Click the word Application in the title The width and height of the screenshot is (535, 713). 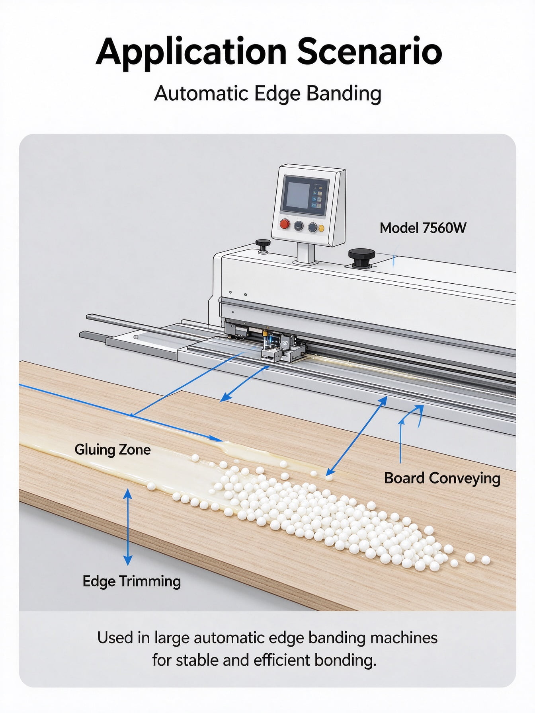(x=191, y=52)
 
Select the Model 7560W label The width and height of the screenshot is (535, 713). (x=423, y=228)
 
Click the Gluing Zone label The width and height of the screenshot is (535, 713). (x=113, y=450)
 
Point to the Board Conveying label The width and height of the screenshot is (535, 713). (x=442, y=478)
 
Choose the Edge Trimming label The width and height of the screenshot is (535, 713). (x=132, y=581)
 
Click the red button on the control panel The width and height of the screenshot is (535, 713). (x=285, y=224)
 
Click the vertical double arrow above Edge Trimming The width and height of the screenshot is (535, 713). (x=128, y=527)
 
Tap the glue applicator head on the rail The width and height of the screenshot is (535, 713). (x=279, y=346)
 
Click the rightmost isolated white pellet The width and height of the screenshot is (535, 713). (x=485, y=560)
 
